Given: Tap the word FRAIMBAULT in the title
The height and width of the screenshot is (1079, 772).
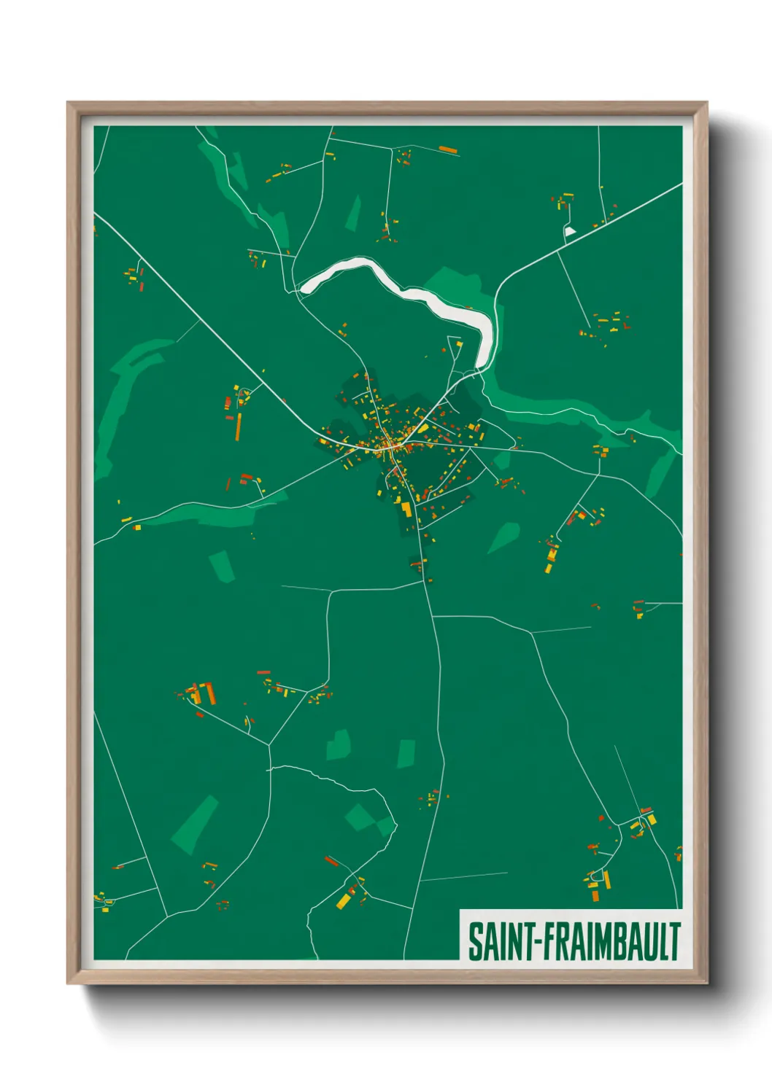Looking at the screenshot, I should pyautogui.click(x=611, y=942).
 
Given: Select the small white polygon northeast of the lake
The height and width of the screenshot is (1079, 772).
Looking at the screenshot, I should pyautogui.click(x=570, y=232).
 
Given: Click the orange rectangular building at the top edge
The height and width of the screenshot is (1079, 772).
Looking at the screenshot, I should pyautogui.click(x=448, y=150).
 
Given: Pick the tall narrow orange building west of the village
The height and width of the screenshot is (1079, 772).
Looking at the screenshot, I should pyautogui.click(x=238, y=426).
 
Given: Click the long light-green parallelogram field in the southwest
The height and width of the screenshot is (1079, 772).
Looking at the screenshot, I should pyautogui.click(x=195, y=824).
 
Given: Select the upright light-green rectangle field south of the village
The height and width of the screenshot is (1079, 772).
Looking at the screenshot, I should pyautogui.click(x=406, y=754).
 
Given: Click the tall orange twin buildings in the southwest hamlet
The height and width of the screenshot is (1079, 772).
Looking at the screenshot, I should pyautogui.click(x=209, y=693).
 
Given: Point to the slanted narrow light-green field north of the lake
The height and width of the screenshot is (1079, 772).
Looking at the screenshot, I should pyautogui.click(x=354, y=212).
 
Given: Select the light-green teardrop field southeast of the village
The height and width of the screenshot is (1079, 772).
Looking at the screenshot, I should pyautogui.click(x=503, y=537).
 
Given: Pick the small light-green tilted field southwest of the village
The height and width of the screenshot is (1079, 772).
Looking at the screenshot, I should pyautogui.click(x=222, y=566).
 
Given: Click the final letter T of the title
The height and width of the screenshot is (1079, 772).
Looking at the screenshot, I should pyautogui.click(x=674, y=942).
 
